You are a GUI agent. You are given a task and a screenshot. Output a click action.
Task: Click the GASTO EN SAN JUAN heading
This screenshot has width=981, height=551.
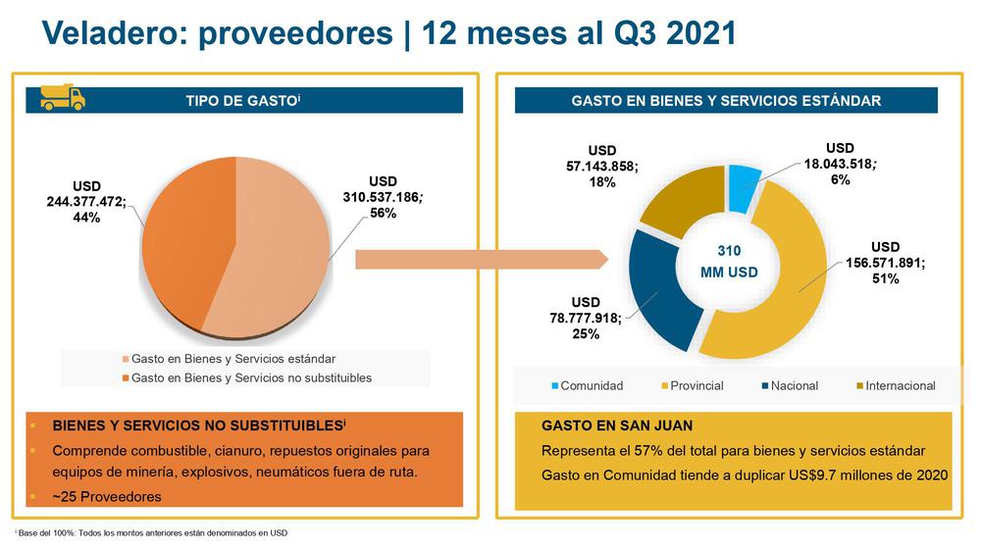pyautogui.click(x=617, y=426)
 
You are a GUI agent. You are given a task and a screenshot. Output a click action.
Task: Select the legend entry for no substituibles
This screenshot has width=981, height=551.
pyautogui.click(x=251, y=377)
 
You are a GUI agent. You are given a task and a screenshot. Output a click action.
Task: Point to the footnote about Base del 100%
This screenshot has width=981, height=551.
pyautogui.click(x=152, y=532)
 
